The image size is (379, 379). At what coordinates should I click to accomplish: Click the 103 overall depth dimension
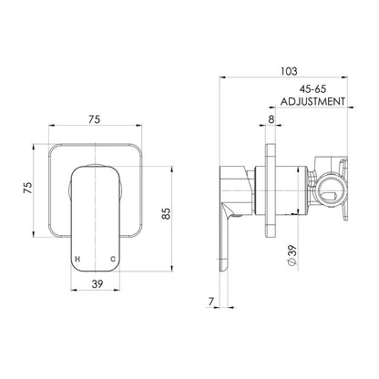click(289, 71)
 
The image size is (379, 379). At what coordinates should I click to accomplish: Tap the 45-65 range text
click(312, 89)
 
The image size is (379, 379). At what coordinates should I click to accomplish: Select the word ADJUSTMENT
click(312, 101)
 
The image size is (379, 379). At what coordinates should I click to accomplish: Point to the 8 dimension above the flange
click(271, 119)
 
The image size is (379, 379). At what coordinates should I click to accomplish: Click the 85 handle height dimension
click(167, 213)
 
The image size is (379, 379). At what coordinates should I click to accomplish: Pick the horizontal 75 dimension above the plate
click(94, 119)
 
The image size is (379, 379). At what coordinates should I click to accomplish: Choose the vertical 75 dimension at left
click(27, 188)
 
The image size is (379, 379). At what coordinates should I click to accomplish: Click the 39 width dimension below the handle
click(97, 284)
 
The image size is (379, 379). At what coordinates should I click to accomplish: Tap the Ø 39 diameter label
click(292, 256)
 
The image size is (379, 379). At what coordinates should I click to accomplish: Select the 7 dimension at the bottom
click(211, 302)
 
